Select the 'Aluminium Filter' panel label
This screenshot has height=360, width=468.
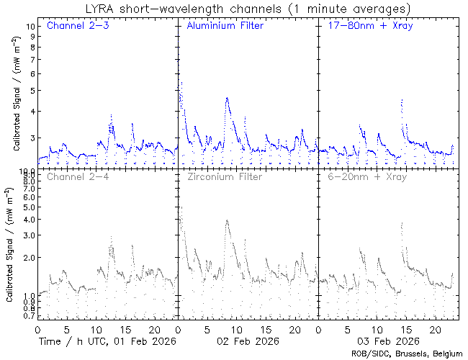click(225, 27)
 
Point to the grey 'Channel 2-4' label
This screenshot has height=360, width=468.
click(73, 176)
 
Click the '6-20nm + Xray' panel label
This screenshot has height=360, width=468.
click(367, 176)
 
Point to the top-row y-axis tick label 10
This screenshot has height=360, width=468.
click(31, 26)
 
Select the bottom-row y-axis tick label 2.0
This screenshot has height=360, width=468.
click(29, 257)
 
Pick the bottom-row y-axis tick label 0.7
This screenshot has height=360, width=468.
click(29, 315)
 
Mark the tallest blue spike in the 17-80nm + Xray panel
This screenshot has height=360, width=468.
click(401, 99)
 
